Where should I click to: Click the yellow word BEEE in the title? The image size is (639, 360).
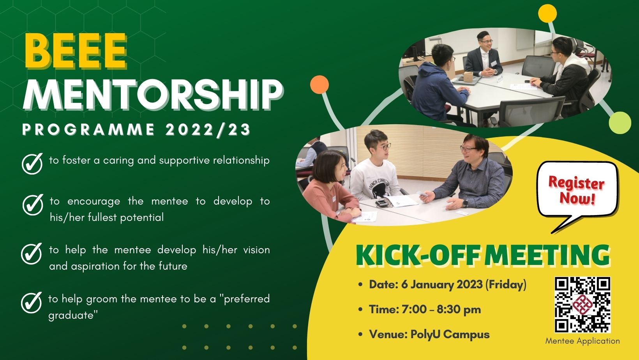click(76, 51)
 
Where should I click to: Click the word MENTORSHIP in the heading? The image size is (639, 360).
click(152, 95)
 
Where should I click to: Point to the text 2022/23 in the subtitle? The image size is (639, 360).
click(207, 130)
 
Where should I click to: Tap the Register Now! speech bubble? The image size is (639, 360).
click(577, 191)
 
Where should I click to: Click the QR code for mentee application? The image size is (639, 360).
click(583, 305)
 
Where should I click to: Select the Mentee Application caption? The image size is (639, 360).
click(582, 341)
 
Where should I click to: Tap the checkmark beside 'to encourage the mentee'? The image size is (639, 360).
click(32, 204)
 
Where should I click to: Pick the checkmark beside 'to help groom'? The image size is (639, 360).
click(31, 302)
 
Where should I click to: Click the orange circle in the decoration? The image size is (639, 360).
click(319, 85)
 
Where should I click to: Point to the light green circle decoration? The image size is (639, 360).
click(620, 122)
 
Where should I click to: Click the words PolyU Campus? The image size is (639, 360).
click(450, 334)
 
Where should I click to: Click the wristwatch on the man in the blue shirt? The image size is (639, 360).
click(465, 203)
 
